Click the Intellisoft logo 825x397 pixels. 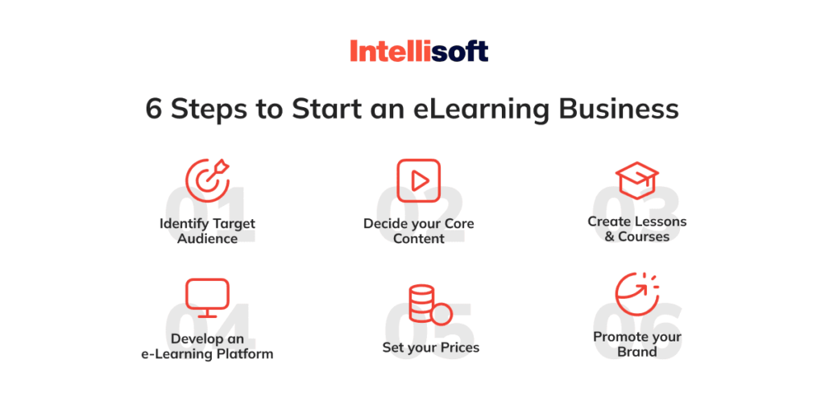[419, 52]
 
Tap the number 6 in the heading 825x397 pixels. [153, 110]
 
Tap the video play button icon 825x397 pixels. [418, 181]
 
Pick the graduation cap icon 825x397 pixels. [636, 180]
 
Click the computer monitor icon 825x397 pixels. [207, 298]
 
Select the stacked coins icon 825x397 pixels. [430, 304]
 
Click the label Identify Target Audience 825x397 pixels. [207, 231]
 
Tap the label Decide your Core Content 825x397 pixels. [419, 231]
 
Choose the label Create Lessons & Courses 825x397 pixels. [637, 229]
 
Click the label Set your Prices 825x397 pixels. [431, 348]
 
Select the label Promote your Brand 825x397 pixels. [637, 344]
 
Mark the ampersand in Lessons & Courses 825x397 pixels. [609, 237]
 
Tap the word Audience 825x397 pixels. [207, 238]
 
